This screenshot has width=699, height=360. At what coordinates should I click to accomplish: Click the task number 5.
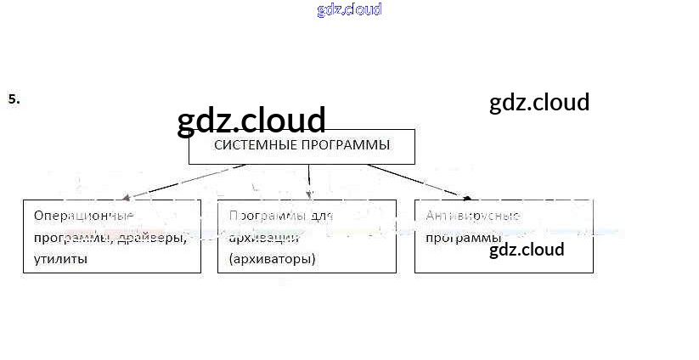point(14,98)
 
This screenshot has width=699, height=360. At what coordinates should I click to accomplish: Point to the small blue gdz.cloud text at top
point(349,9)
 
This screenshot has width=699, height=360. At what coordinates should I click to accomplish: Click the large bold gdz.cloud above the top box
point(251,121)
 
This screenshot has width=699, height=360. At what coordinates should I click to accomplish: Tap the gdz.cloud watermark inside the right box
point(527,250)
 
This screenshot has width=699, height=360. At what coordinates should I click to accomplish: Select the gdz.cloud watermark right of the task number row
point(539,103)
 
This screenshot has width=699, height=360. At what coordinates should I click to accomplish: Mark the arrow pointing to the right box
point(416,180)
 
